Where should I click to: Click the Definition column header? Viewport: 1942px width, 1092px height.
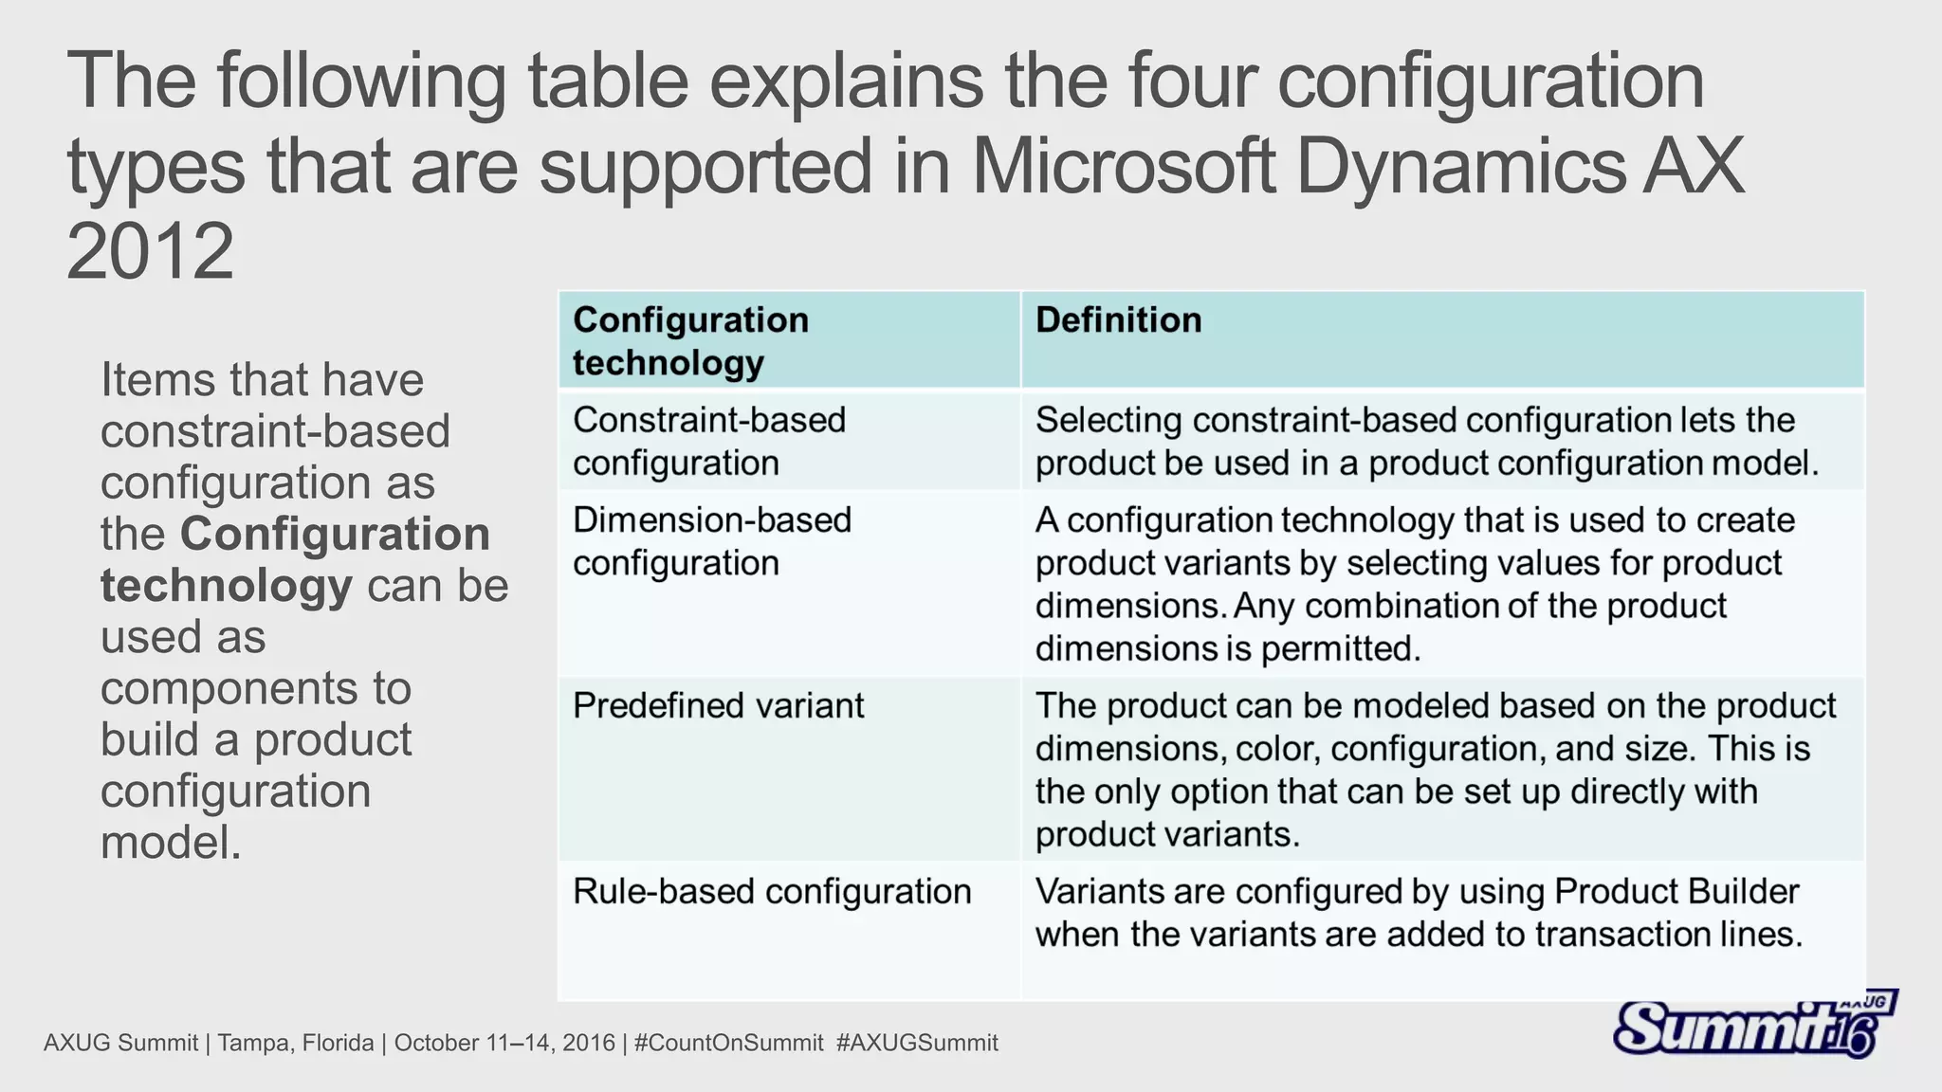1118,320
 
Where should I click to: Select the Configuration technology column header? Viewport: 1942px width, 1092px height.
690,341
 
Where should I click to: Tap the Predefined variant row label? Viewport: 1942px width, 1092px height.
718,706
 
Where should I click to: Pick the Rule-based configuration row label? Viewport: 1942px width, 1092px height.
772,892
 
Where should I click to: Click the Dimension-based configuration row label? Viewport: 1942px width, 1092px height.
712,541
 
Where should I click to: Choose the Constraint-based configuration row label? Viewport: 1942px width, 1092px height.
708,442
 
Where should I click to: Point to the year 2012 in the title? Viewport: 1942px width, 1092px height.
150,251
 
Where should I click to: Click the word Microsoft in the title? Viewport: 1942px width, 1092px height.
1122,167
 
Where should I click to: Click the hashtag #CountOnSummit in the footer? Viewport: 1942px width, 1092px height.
728,1044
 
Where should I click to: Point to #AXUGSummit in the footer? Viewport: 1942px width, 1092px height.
917,1044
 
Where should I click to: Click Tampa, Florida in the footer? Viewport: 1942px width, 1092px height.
296,1044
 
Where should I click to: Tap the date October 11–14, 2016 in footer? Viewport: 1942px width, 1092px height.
504,1044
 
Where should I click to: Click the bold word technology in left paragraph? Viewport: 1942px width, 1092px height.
227,586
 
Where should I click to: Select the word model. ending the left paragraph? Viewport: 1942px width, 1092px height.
171,843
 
